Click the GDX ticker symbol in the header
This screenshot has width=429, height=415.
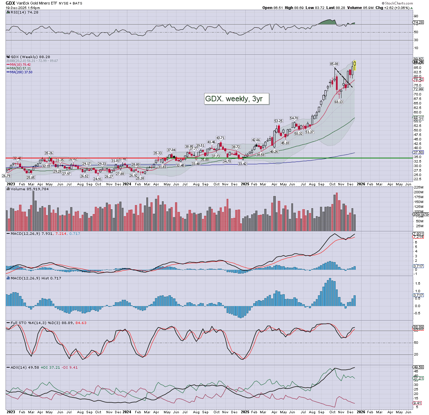10,3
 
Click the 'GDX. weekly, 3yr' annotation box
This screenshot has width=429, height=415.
234,99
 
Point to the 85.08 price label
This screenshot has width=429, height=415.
334,64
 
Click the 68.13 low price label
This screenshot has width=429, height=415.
338,102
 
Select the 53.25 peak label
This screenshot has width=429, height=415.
279,121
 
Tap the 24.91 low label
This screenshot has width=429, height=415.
97,179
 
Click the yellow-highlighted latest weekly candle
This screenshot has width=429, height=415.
355,66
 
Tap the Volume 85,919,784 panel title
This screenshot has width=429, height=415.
29,189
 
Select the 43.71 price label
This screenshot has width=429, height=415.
220,138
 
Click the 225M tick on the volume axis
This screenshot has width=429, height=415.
419,187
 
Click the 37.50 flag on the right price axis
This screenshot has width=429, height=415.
419,153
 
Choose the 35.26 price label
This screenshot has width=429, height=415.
49,153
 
